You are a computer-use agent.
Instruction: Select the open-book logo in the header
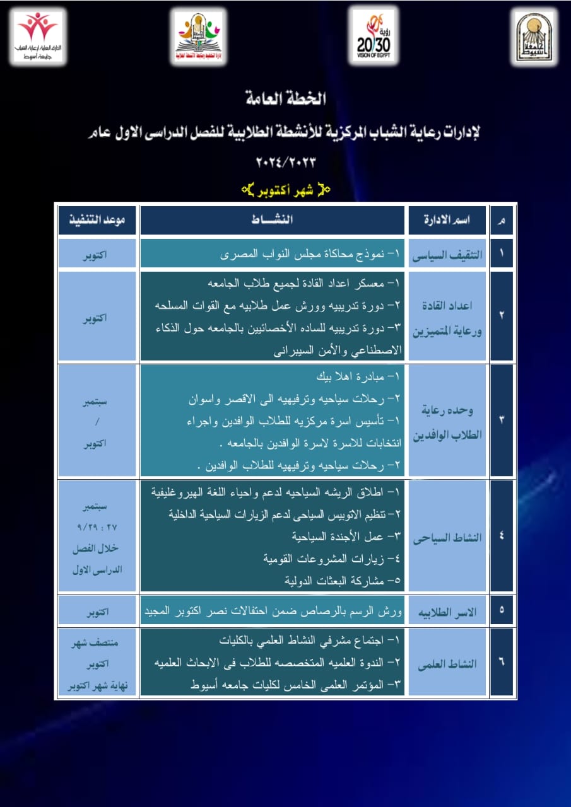[198, 37]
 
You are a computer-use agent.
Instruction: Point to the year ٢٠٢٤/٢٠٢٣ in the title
[285, 161]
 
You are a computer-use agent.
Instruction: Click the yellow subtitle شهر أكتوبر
[286, 188]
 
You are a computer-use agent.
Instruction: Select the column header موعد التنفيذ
[97, 220]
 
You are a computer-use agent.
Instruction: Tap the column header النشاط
[272, 220]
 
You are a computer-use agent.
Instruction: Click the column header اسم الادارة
[447, 221]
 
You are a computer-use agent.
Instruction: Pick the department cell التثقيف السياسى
[447, 255]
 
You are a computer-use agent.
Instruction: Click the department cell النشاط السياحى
[447, 538]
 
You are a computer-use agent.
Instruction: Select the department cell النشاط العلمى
[447, 664]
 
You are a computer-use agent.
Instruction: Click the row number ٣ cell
[502, 420]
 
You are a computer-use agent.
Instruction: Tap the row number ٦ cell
[502, 663]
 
